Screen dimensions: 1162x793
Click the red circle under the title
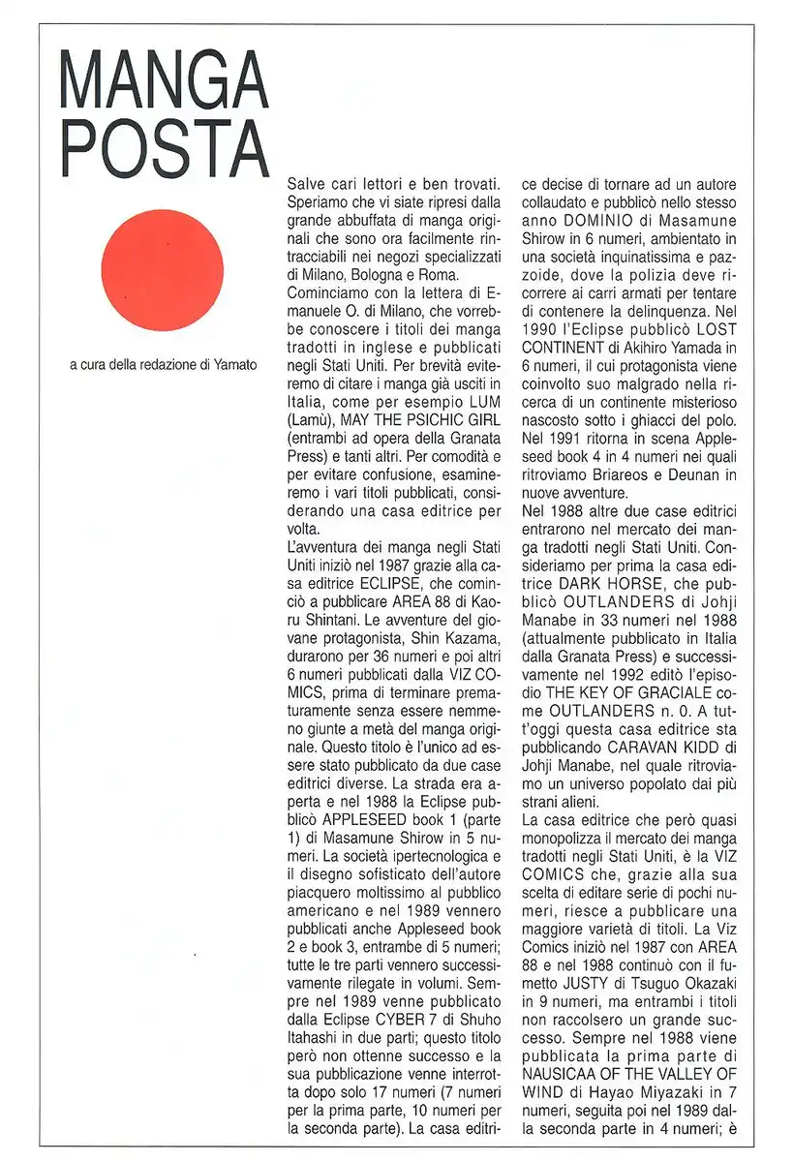tap(162, 270)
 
